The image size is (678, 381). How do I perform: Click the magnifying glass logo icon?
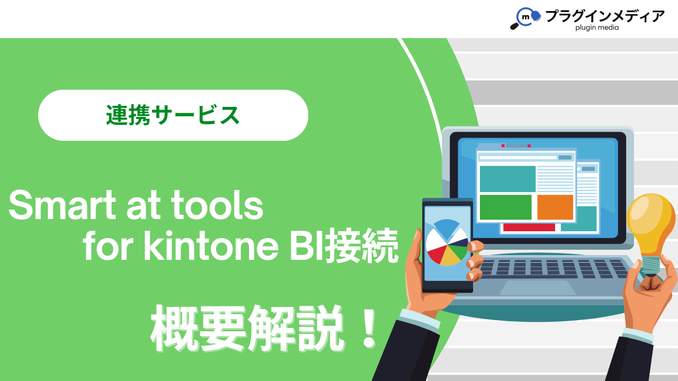click(525, 18)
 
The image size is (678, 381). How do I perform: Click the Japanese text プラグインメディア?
click(605, 16)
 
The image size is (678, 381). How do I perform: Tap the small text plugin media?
click(597, 28)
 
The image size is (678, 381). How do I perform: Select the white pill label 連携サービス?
click(173, 115)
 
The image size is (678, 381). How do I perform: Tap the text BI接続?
click(344, 246)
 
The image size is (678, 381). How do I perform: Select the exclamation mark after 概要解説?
click(369, 328)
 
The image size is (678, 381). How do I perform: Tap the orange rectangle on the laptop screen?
click(555, 207)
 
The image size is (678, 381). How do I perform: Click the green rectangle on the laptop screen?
click(505, 207)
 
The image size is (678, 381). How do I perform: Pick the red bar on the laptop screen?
click(529, 228)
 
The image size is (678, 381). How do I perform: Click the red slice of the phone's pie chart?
click(436, 253)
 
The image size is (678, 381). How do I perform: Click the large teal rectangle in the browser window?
click(507, 179)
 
